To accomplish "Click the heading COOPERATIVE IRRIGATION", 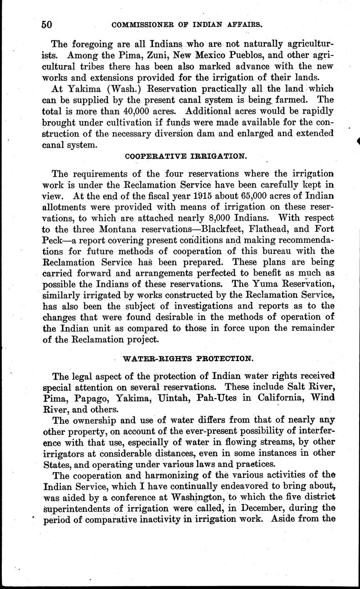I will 186,156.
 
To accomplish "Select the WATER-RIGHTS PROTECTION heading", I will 187,359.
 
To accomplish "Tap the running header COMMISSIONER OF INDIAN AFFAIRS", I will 186,25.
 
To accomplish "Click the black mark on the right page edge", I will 358,141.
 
